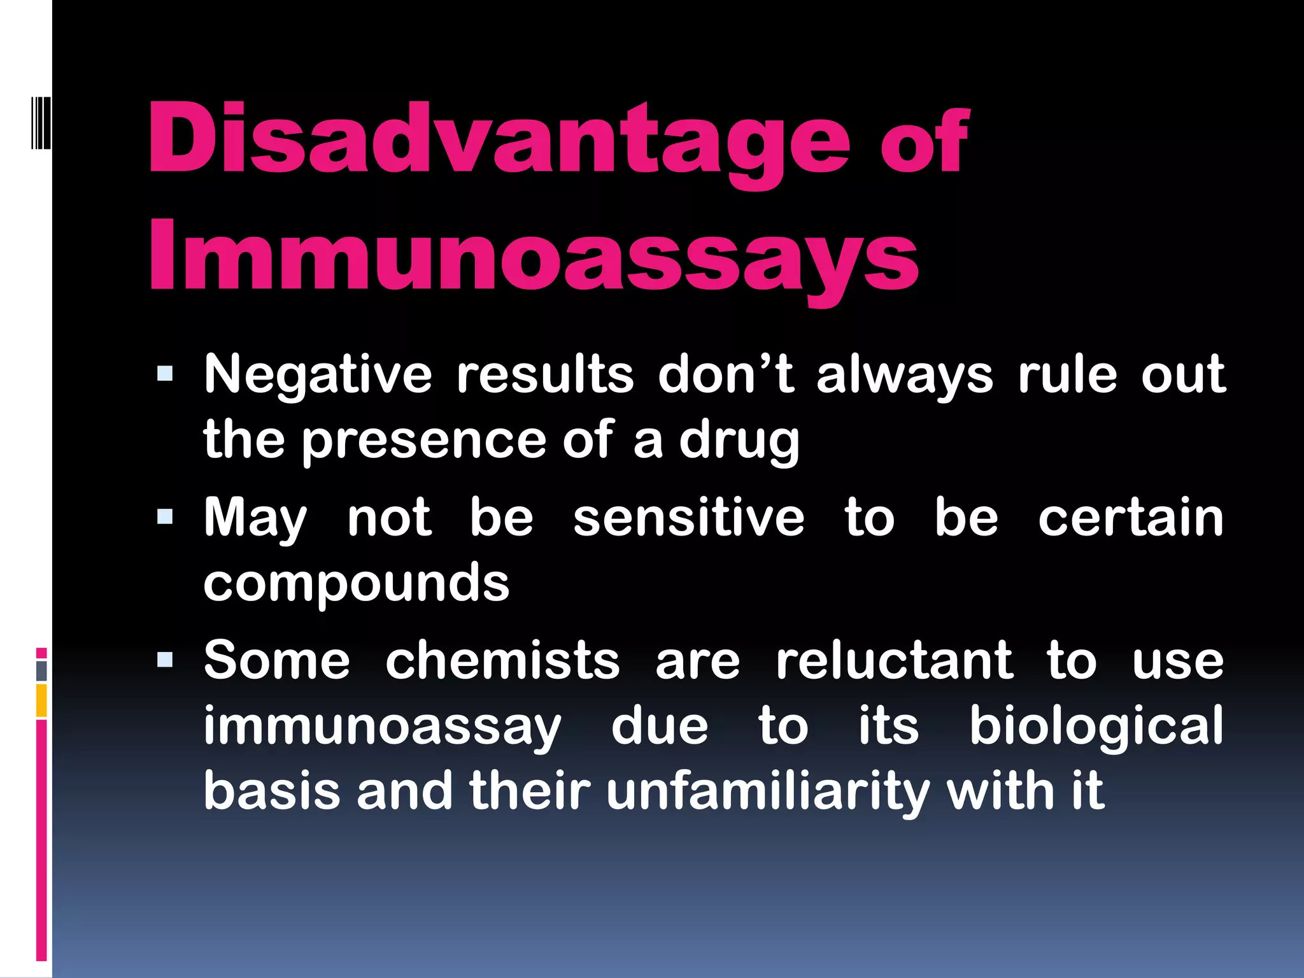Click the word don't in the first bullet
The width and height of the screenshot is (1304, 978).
click(x=726, y=374)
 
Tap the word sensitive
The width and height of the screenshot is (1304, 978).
click(x=689, y=518)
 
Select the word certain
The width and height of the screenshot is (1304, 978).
click(x=1131, y=518)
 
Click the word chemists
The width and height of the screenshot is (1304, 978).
click(x=502, y=661)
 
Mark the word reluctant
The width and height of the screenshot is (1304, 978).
click(x=894, y=661)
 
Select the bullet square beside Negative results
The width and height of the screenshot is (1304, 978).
click(x=165, y=373)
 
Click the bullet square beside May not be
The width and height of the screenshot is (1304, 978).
click(x=165, y=516)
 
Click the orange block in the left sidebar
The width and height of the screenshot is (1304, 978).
click(x=41, y=700)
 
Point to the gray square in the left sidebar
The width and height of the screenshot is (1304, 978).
click(x=41, y=670)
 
